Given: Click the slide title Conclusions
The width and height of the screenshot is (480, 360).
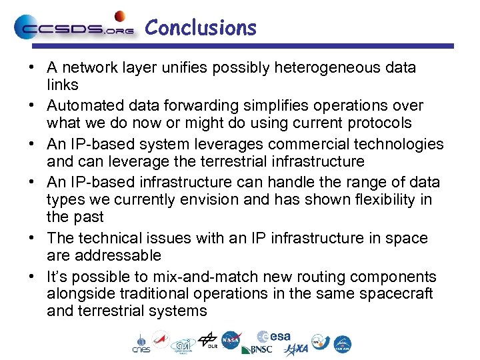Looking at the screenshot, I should pos(201,28).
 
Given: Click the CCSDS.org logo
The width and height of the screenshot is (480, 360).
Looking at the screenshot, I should pos(74,29).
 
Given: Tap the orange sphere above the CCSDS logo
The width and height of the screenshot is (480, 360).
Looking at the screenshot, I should pos(120,15).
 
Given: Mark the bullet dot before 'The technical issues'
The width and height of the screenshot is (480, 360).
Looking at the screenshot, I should pos(32,239).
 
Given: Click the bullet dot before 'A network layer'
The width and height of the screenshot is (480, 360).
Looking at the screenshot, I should pos(32,68).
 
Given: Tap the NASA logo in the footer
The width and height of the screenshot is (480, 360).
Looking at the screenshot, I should pos(231,340).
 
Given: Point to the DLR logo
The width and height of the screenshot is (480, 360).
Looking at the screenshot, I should pos(209,340).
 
